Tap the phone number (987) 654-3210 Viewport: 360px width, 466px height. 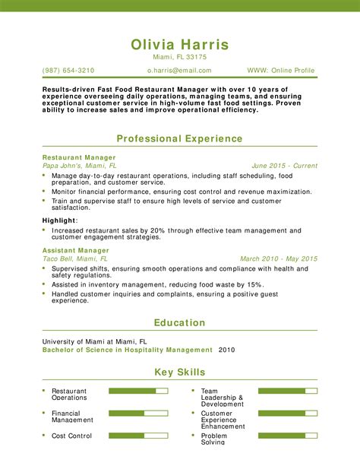[x=68, y=71]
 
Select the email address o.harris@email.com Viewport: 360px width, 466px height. [x=179, y=71]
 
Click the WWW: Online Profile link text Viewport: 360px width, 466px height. [x=281, y=71]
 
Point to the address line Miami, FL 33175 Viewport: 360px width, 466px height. [x=179, y=57]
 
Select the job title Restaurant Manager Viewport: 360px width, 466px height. [x=79, y=157]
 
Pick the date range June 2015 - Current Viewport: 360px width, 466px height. [x=284, y=165]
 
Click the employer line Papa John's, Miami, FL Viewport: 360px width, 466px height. [x=80, y=165]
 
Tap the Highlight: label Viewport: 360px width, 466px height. [x=60, y=220]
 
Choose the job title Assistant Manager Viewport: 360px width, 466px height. [x=76, y=250]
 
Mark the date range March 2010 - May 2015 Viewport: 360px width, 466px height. [x=279, y=258]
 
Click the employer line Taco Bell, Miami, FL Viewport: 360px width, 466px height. [x=75, y=258]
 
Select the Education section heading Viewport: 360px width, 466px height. [x=179, y=322]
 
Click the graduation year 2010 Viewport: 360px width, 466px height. [x=227, y=350]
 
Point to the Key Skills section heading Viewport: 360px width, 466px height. [x=179, y=372]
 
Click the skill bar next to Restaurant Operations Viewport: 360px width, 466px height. [x=137, y=391]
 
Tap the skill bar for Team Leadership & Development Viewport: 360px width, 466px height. [x=287, y=391]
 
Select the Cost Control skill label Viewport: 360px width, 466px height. [x=71, y=436]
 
